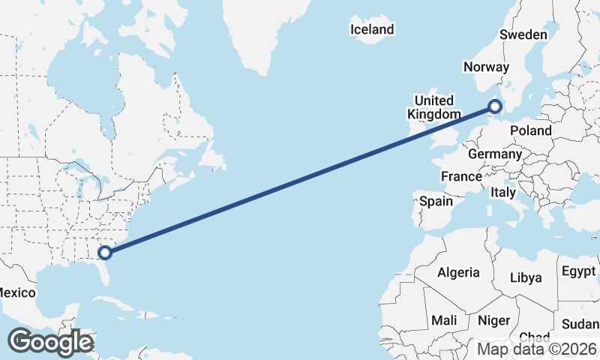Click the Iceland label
click(x=372, y=29)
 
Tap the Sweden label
click(x=523, y=35)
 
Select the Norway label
click(x=486, y=67)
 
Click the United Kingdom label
click(x=434, y=107)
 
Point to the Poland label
click(x=530, y=130)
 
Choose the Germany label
click(x=494, y=154)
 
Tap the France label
click(x=460, y=176)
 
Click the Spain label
click(x=436, y=201)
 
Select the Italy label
click(x=503, y=192)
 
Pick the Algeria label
click(x=458, y=272)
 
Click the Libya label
click(x=525, y=277)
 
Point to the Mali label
click(x=444, y=320)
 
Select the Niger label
click(x=493, y=320)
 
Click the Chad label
click(x=534, y=337)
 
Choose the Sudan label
click(x=580, y=325)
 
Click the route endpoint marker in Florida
click(x=105, y=253)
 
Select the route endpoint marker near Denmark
click(x=495, y=106)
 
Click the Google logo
click(x=50, y=342)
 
